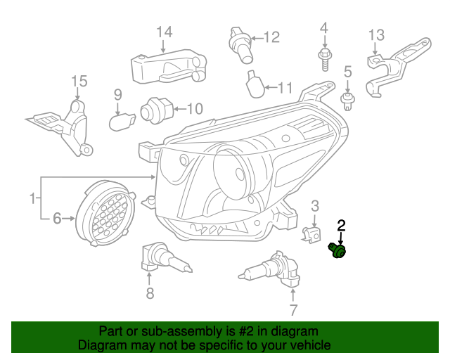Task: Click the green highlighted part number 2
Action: tap(339, 251)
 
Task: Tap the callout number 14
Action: tap(163, 32)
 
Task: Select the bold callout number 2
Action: tap(342, 225)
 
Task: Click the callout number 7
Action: tap(293, 310)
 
